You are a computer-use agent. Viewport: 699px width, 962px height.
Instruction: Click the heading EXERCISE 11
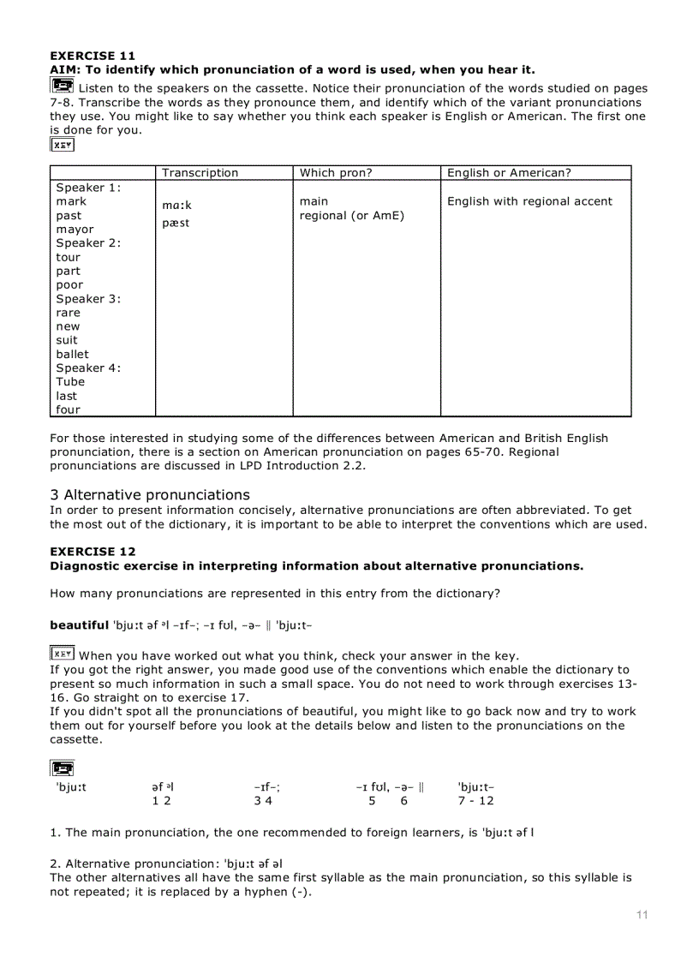tap(93, 56)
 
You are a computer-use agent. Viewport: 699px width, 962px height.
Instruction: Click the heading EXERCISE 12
tap(93, 552)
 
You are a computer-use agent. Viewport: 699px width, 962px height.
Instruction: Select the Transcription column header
tap(200, 173)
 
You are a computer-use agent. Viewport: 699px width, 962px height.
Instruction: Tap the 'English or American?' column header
tap(509, 173)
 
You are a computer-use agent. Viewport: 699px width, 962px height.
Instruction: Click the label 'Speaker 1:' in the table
tap(88, 188)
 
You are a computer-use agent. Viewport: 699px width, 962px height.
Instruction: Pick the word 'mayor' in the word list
tap(75, 230)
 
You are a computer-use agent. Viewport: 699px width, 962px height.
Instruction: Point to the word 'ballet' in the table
tap(72, 354)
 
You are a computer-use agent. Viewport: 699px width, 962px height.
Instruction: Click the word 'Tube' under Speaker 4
tap(70, 382)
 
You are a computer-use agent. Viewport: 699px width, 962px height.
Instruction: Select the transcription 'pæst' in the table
tap(176, 224)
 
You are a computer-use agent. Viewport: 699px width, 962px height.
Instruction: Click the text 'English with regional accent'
tap(529, 201)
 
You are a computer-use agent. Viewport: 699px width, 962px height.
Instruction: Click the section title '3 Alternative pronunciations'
tap(150, 495)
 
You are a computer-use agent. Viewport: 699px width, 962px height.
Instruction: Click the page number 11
tap(642, 915)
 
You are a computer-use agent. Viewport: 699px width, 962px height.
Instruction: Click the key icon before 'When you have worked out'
tap(62, 654)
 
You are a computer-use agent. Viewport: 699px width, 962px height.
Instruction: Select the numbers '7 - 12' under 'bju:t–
tap(475, 801)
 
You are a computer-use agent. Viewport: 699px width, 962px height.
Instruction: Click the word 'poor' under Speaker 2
tap(69, 285)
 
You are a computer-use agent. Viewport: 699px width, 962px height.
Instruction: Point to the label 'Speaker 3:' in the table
tap(88, 299)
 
